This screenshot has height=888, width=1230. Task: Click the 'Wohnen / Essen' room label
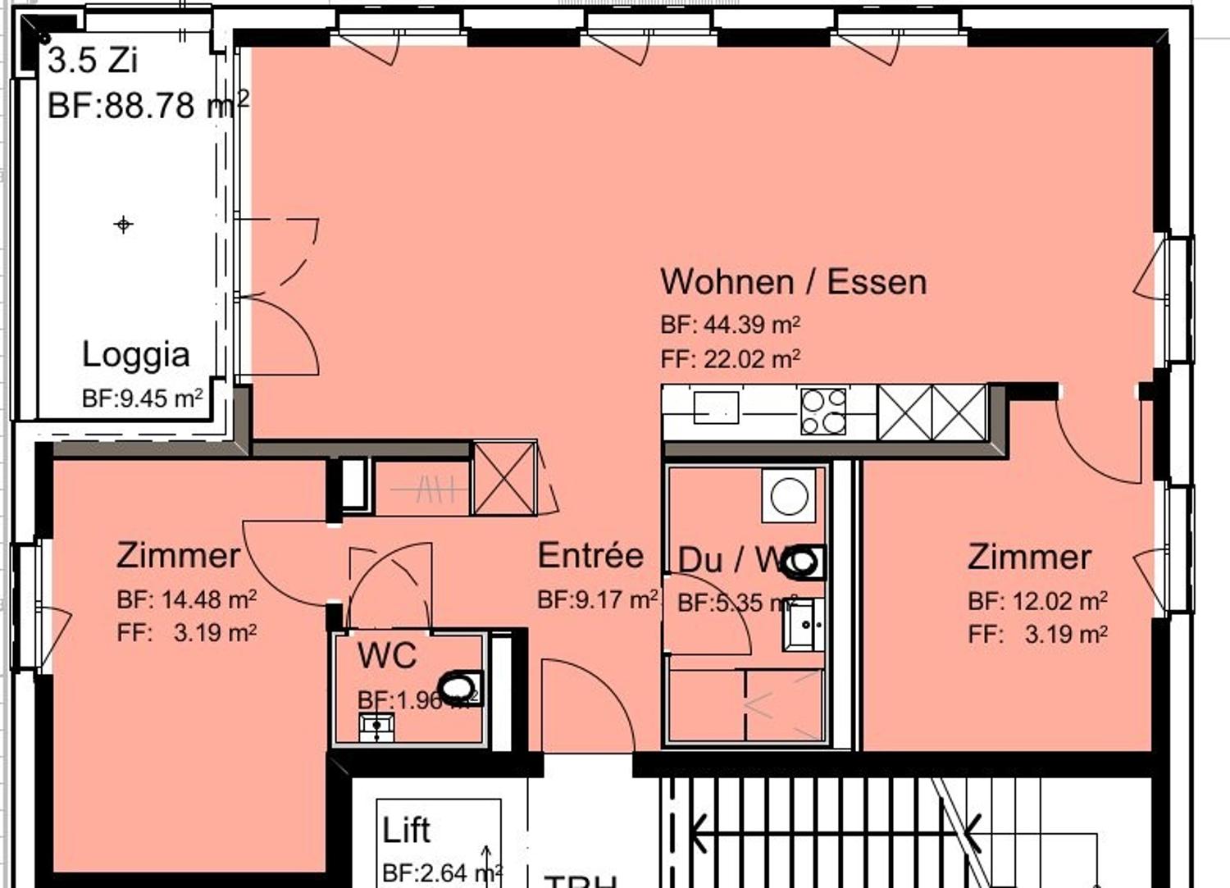click(793, 281)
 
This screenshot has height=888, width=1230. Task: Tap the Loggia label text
click(136, 354)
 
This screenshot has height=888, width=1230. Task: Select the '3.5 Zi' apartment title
click(92, 60)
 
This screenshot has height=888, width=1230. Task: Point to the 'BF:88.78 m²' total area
click(148, 105)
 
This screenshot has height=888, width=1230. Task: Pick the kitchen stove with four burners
click(823, 411)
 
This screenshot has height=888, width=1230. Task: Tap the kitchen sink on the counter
click(716, 408)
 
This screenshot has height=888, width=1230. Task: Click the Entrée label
click(590, 556)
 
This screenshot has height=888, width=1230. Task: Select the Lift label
click(406, 830)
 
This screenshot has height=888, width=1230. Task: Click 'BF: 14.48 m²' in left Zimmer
click(186, 599)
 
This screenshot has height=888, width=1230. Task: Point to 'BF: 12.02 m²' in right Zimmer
click(1037, 601)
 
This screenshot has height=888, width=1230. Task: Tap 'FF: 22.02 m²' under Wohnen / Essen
click(730, 359)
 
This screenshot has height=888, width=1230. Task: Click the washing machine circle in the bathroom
click(789, 496)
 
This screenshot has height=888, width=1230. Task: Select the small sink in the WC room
click(376, 726)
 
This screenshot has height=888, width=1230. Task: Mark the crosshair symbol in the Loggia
click(124, 224)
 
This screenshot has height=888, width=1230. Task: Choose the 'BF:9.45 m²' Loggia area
click(142, 398)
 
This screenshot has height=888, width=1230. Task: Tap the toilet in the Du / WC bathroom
click(804, 562)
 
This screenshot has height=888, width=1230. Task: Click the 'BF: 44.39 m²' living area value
click(730, 325)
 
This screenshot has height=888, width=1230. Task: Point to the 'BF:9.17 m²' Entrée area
click(598, 599)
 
